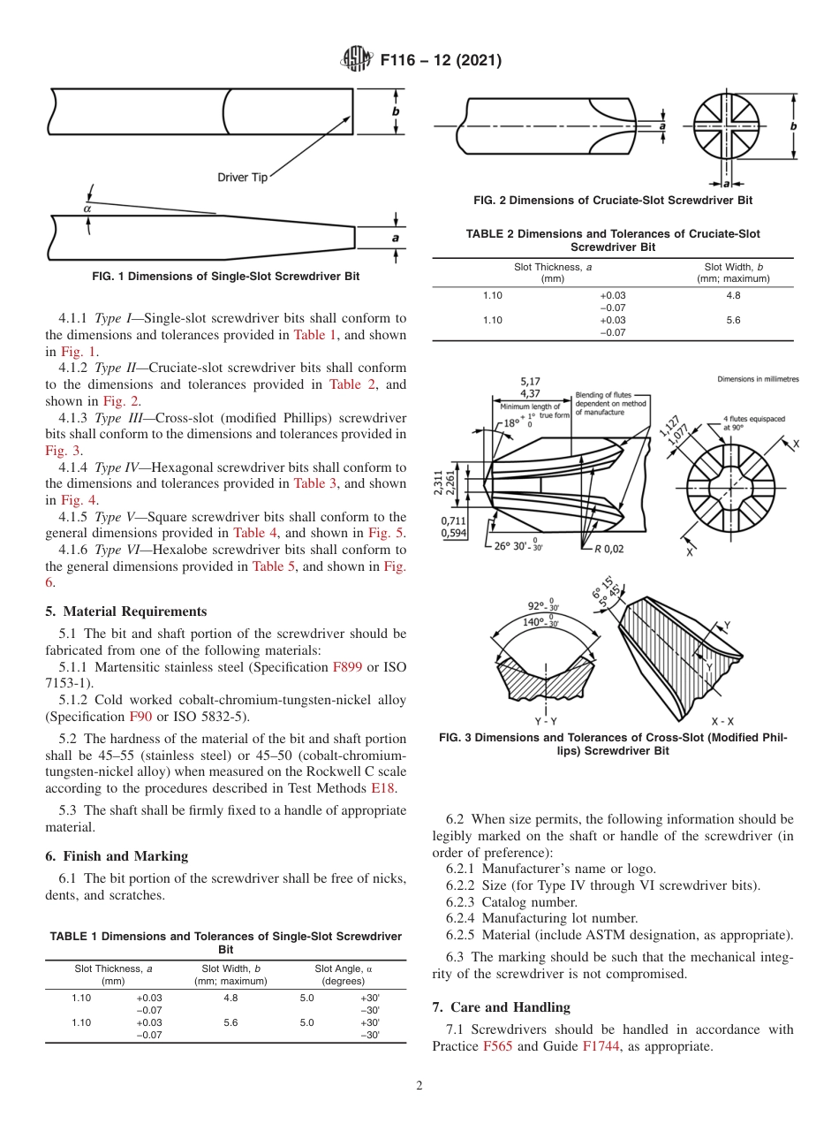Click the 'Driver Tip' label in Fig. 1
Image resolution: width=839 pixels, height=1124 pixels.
tap(242, 178)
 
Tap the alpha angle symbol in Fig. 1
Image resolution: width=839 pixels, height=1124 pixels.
tap(87, 209)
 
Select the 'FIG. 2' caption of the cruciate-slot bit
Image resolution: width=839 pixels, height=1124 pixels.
tap(613, 201)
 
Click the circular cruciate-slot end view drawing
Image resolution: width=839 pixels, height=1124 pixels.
tap(726, 126)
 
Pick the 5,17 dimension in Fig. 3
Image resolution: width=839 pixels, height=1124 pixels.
tap(531, 382)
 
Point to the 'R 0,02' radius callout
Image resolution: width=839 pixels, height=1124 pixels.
tap(608, 549)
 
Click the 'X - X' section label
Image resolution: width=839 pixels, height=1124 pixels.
tap(722, 721)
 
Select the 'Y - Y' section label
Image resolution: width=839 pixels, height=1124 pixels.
tap(546, 721)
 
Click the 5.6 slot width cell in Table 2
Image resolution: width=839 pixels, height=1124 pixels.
tap(732, 320)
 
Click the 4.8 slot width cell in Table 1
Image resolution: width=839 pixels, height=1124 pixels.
tap(231, 998)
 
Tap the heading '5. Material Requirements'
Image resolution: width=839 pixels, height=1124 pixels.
tap(126, 611)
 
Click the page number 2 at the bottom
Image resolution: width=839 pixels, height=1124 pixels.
tap(419, 1086)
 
